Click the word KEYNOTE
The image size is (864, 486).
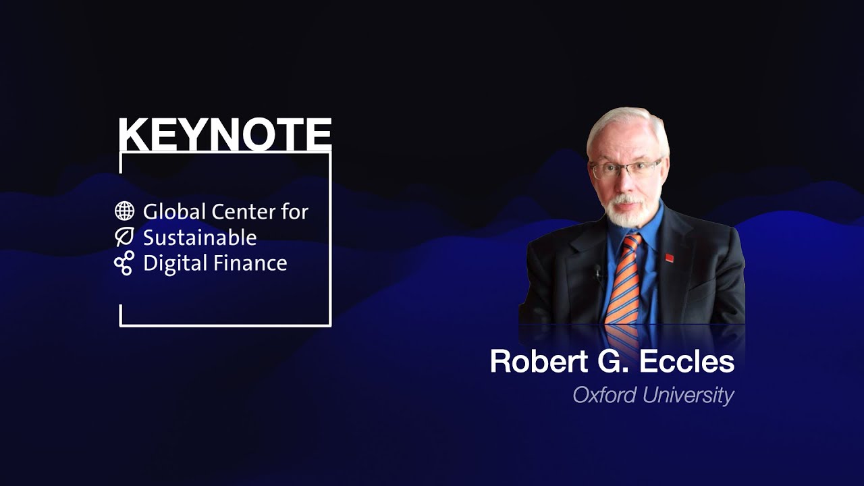point(225,134)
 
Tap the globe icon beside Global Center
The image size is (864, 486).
point(124,211)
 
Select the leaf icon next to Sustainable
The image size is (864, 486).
point(124,237)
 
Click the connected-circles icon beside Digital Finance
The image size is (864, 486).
point(124,263)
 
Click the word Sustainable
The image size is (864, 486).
point(200,238)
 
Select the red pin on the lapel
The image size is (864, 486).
point(670,256)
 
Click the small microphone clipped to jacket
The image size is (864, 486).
point(597,273)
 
